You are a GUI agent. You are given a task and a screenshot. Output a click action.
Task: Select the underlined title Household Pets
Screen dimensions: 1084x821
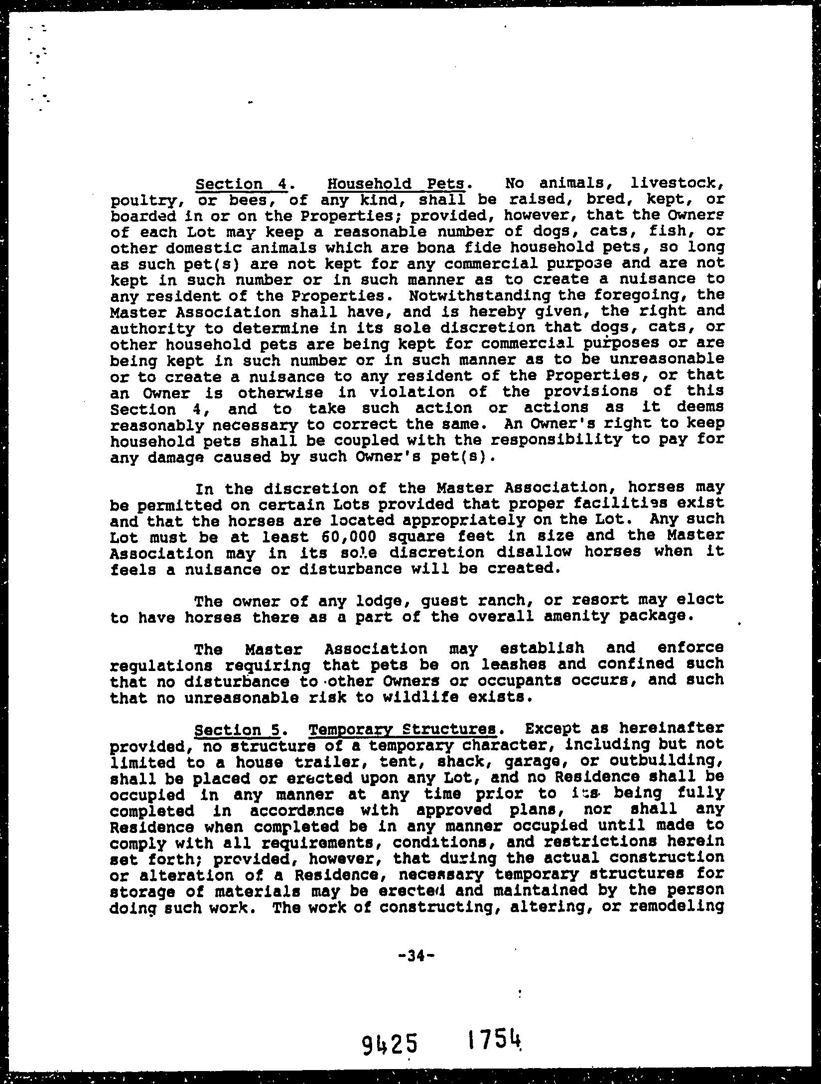click(396, 184)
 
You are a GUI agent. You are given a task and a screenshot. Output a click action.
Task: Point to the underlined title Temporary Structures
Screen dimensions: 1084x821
click(403, 730)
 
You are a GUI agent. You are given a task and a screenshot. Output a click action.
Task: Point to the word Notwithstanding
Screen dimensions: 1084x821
click(479, 295)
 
